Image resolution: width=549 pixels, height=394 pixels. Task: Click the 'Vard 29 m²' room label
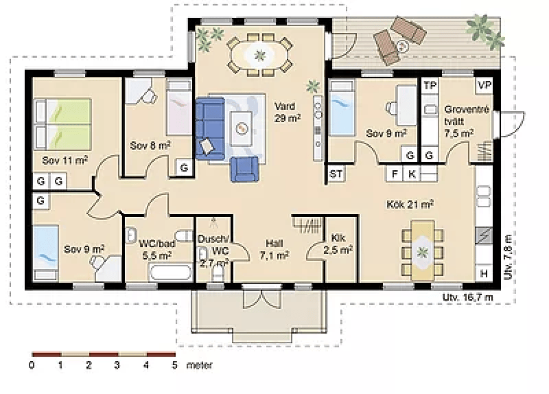(287, 112)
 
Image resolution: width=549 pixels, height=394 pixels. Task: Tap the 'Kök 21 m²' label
(410, 203)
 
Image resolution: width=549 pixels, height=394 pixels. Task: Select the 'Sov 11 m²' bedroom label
(65, 161)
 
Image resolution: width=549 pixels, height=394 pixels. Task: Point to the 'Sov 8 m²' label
(150, 145)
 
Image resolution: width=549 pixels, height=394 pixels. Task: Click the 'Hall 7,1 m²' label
(274, 249)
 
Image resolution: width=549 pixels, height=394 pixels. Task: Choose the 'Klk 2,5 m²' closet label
(338, 244)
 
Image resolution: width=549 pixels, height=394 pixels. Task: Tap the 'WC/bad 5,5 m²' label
(157, 249)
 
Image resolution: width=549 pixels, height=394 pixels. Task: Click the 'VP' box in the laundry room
(484, 85)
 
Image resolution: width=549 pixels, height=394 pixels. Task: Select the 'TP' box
(430, 85)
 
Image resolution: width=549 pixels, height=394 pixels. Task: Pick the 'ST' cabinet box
(336, 174)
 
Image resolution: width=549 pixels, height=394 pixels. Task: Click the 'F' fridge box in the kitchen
(395, 174)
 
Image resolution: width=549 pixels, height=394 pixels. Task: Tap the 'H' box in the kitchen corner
(484, 273)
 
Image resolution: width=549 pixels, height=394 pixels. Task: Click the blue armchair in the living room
(245, 169)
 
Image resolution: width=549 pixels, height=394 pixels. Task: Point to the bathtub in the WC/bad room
(171, 273)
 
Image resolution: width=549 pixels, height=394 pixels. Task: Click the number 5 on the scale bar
(174, 365)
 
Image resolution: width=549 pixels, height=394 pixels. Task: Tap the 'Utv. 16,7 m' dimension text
(468, 297)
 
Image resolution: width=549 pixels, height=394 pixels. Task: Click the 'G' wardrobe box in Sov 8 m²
(184, 167)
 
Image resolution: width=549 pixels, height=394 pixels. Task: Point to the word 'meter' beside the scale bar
(199, 365)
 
